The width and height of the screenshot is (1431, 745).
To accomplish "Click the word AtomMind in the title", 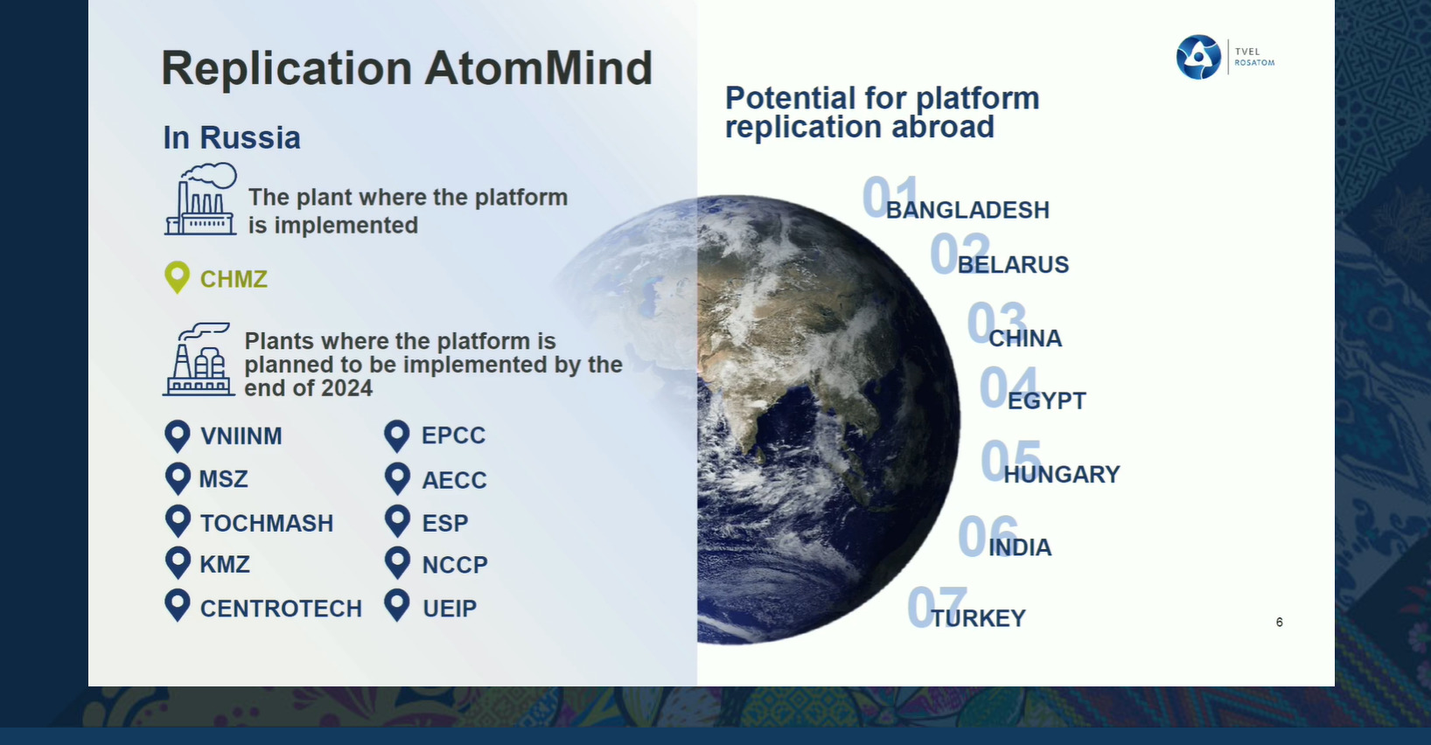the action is (539, 67).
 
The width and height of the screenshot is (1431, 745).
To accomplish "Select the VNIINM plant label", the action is (241, 436).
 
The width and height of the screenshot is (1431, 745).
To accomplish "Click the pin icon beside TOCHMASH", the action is (178, 521).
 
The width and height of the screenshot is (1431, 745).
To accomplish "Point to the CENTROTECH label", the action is (281, 609).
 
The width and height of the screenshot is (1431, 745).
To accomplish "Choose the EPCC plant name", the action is (454, 435).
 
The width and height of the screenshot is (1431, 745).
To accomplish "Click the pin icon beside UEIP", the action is (397, 604).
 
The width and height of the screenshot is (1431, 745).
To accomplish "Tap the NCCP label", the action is (455, 564).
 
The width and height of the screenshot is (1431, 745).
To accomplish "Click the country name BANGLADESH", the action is (967, 210).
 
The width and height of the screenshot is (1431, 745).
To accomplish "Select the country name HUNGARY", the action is (1062, 474).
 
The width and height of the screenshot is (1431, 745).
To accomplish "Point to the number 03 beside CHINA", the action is (996, 323).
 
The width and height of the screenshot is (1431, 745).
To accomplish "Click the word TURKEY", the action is (978, 618).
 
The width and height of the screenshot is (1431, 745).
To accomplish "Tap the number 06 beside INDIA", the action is (988, 536).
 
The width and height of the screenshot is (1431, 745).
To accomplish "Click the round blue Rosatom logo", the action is (1198, 57).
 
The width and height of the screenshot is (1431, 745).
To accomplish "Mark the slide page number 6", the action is (1279, 622).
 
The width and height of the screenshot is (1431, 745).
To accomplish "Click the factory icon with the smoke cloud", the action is (200, 199).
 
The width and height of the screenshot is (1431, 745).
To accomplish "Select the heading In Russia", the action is (231, 137).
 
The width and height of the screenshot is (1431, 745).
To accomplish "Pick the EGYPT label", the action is (1046, 400).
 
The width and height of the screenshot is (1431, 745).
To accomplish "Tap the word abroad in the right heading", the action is (943, 127).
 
